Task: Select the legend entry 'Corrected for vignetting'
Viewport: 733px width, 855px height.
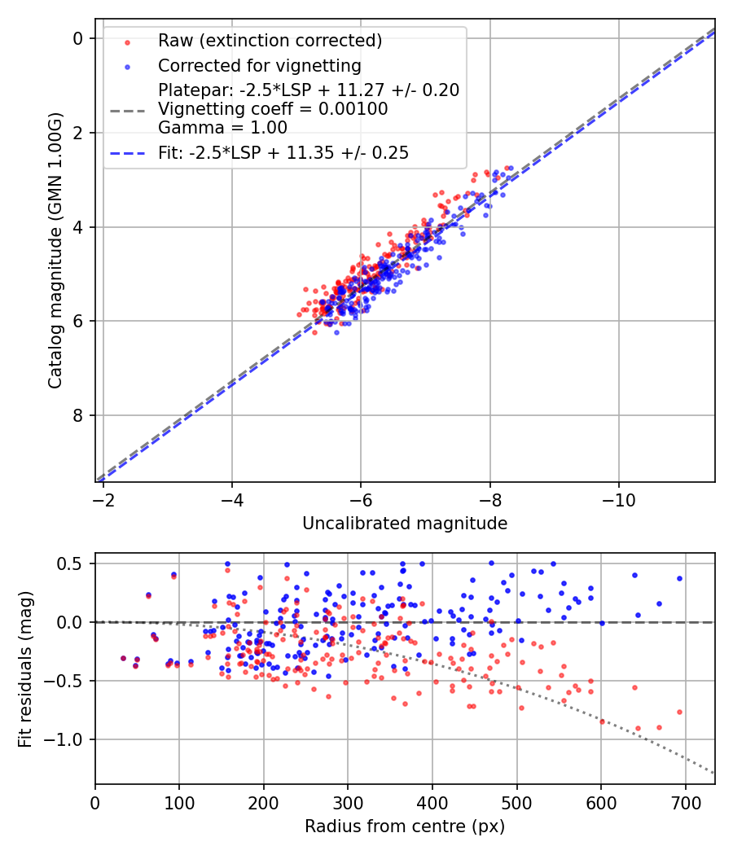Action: tap(259, 65)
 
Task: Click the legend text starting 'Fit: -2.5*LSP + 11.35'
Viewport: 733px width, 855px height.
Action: tap(283, 152)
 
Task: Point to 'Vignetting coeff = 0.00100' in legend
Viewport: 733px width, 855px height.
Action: tap(273, 109)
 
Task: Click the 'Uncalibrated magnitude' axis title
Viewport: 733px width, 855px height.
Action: tap(405, 524)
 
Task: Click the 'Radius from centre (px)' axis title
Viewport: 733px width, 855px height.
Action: tap(405, 826)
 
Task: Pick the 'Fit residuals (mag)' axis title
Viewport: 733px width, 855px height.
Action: tap(25, 669)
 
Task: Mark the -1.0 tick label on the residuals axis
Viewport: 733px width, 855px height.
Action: tap(69, 739)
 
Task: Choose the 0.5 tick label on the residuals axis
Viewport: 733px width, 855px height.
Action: tap(73, 563)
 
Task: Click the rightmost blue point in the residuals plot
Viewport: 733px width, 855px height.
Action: tap(679, 578)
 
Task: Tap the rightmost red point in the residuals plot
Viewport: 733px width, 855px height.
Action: tap(679, 712)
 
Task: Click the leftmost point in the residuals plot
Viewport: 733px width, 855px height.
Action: tap(123, 658)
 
